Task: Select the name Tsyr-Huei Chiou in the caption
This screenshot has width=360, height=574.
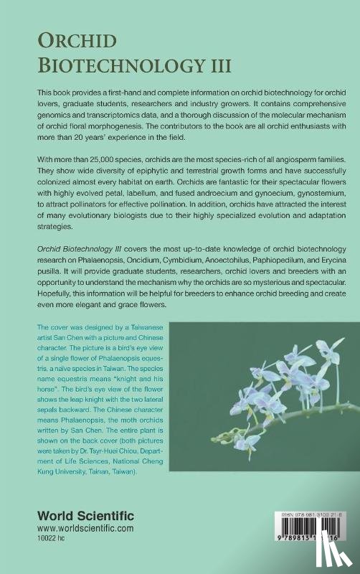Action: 111,457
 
